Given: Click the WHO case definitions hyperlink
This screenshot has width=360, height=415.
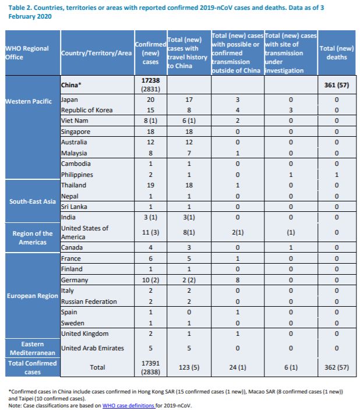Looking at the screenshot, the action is (x=129, y=406).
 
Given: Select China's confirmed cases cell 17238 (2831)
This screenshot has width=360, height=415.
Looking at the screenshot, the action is (x=150, y=85).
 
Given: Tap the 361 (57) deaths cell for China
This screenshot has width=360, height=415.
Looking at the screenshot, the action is (x=337, y=85).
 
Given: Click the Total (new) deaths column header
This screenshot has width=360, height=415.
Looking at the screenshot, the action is (x=337, y=52).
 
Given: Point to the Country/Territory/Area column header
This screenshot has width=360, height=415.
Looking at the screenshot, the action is (x=97, y=53).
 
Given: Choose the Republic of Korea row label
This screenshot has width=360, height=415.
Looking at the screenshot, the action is (x=87, y=110).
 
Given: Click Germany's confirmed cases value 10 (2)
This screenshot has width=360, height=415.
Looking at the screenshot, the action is (x=150, y=280).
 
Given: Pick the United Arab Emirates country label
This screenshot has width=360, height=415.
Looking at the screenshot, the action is (x=93, y=348).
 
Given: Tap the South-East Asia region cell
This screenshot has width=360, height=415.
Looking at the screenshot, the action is (x=33, y=201).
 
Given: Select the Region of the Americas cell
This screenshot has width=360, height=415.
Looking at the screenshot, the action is (x=33, y=237).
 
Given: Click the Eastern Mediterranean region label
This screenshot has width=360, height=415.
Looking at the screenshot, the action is (x=33, y=348).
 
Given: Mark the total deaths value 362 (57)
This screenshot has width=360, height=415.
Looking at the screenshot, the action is (x=337, y=367).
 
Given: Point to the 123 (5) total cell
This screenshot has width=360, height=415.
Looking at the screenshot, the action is (x=189, y=367).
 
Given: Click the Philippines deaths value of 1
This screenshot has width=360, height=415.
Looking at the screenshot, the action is (x=337, y=175).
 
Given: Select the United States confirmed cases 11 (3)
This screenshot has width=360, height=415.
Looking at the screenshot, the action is (x=150, y=232).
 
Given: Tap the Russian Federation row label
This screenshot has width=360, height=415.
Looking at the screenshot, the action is (x=89, y=302).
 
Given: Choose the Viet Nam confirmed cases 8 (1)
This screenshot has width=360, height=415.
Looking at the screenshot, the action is (x=150, y=120).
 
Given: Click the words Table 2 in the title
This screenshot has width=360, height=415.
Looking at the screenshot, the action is (x=20, y=8).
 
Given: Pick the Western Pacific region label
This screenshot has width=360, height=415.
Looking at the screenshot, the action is (x=29, y=101).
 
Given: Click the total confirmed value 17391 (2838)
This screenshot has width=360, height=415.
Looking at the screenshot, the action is (x=150, y=367).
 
